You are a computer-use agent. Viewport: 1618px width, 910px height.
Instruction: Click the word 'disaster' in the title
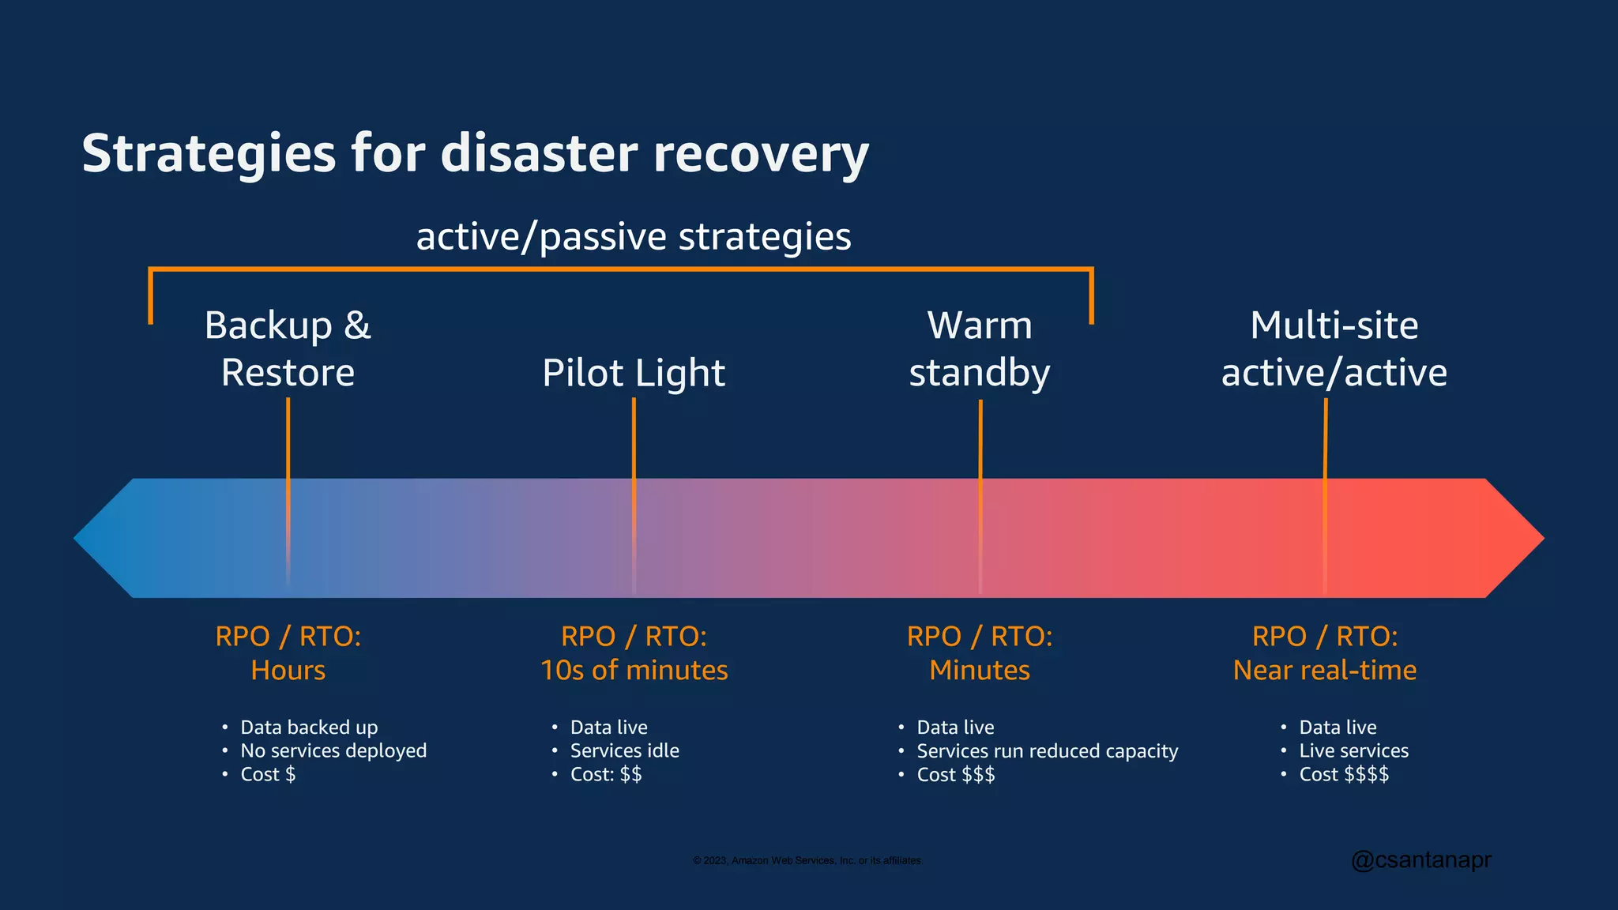coord(539,153)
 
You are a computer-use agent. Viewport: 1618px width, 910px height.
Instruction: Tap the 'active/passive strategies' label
coord(634,237)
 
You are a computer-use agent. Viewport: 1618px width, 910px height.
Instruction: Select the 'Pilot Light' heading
coord(634,373)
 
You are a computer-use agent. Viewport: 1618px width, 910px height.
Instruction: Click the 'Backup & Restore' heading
coord(288,348)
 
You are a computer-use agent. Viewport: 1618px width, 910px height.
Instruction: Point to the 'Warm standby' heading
coord(980,348)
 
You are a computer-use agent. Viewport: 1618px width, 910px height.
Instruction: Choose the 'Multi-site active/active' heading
coord(1334,348)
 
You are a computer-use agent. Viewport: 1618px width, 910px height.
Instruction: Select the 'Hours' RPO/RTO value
coord(288,671)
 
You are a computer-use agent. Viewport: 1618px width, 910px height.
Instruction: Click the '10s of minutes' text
coord(634,671)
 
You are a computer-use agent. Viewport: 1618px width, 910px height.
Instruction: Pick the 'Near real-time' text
coord(1325,671)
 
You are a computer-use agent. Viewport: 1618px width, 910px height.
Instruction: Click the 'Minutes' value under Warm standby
coord(980,671)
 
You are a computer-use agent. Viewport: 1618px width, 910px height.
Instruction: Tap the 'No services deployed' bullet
coord(333,750)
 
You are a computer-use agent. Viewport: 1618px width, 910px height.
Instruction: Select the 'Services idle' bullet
coord(624,750)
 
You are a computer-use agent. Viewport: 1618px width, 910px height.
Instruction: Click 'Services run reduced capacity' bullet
coord(1047,750)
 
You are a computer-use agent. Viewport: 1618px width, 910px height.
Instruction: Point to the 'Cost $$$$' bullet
coord(1344,774)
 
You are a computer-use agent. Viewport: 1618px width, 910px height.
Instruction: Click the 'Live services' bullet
coord(1353,750)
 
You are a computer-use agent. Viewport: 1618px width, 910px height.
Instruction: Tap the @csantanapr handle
coord(1421,859)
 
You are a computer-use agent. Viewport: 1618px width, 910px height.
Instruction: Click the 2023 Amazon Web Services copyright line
coord(807,860)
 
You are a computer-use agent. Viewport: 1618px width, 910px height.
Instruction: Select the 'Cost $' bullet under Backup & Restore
coord(268,774)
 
